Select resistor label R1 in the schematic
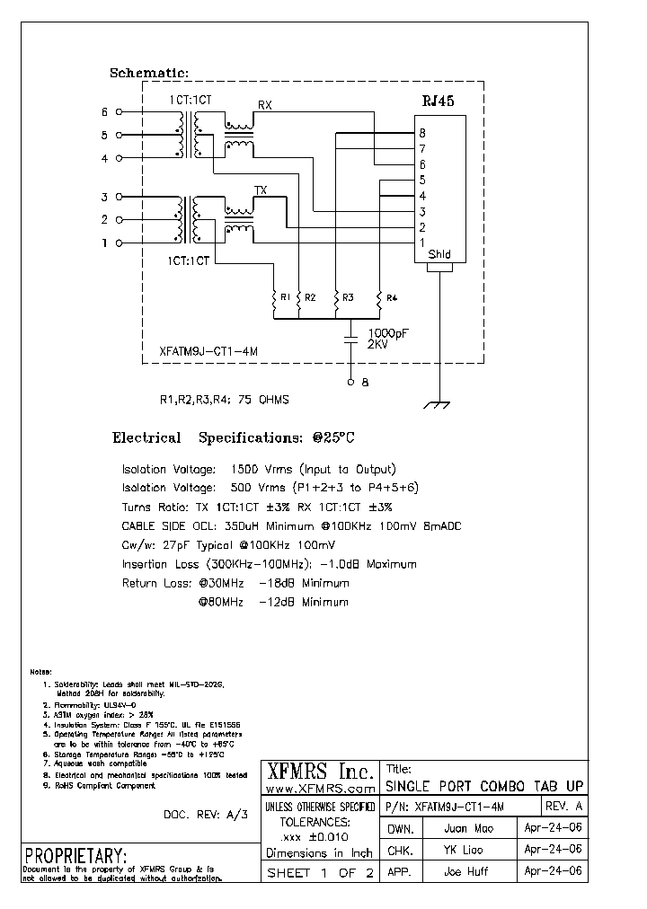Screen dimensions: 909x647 [x=285, y=296]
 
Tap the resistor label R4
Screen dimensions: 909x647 [x=392, y=296]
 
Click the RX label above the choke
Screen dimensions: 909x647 [x=265, y=105]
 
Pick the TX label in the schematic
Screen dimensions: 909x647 [x=261, y=190]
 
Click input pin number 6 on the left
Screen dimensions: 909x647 [x=104, y=112]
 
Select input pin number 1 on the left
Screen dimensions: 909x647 [x=104, y=243]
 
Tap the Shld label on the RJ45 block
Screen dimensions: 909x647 [x=439, y=254]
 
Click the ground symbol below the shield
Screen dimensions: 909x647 [x=439, y=406]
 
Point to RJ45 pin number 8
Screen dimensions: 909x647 [x=421, y=134]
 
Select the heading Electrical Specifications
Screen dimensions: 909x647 [x=234, y=438]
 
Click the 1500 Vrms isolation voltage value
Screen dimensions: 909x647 [x=261, y=470]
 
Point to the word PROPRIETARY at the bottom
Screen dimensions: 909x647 [x=75, y=854]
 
